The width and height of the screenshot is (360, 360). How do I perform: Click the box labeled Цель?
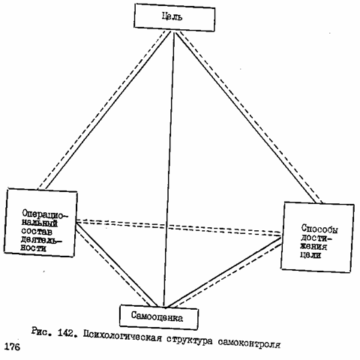click(x=174, y=17)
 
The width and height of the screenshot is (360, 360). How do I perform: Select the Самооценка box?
click(x=159, y=317)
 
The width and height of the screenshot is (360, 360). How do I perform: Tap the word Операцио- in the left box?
click(x=45, y=214)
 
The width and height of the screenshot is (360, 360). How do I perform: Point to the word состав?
click(x=37, y=232)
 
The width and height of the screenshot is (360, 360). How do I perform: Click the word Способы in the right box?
click(x=319, y=229)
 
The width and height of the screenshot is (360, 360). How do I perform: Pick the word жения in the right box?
click(x=313, y=246)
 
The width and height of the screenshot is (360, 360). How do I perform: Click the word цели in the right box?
click(x=310, y=255)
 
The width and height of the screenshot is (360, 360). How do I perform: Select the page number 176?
click(x=12, y=347)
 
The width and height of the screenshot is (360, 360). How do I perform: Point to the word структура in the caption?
click(x=190, y=340)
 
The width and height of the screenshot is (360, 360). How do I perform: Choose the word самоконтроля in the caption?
click(x=249, y=343)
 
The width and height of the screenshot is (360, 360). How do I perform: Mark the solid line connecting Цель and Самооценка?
click(x=169, y=169)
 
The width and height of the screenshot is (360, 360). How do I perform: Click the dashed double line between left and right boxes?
click(x=178, y=228)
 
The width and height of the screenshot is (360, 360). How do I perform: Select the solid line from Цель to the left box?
click(x=108, y=109)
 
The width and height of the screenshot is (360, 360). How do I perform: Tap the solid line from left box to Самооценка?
click(x=116, y=265)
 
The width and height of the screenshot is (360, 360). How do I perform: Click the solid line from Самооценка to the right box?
click(x=223, y=272)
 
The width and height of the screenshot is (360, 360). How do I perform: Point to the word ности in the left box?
click(x=34, y=248)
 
